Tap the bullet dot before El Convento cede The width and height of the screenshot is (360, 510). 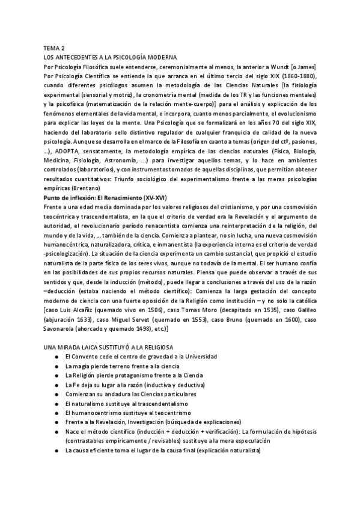(57, 358)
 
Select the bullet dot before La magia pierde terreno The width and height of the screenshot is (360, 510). (57, 367)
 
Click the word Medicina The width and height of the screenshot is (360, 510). (59, 161)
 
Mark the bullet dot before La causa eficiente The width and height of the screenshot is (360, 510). (57, 451)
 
